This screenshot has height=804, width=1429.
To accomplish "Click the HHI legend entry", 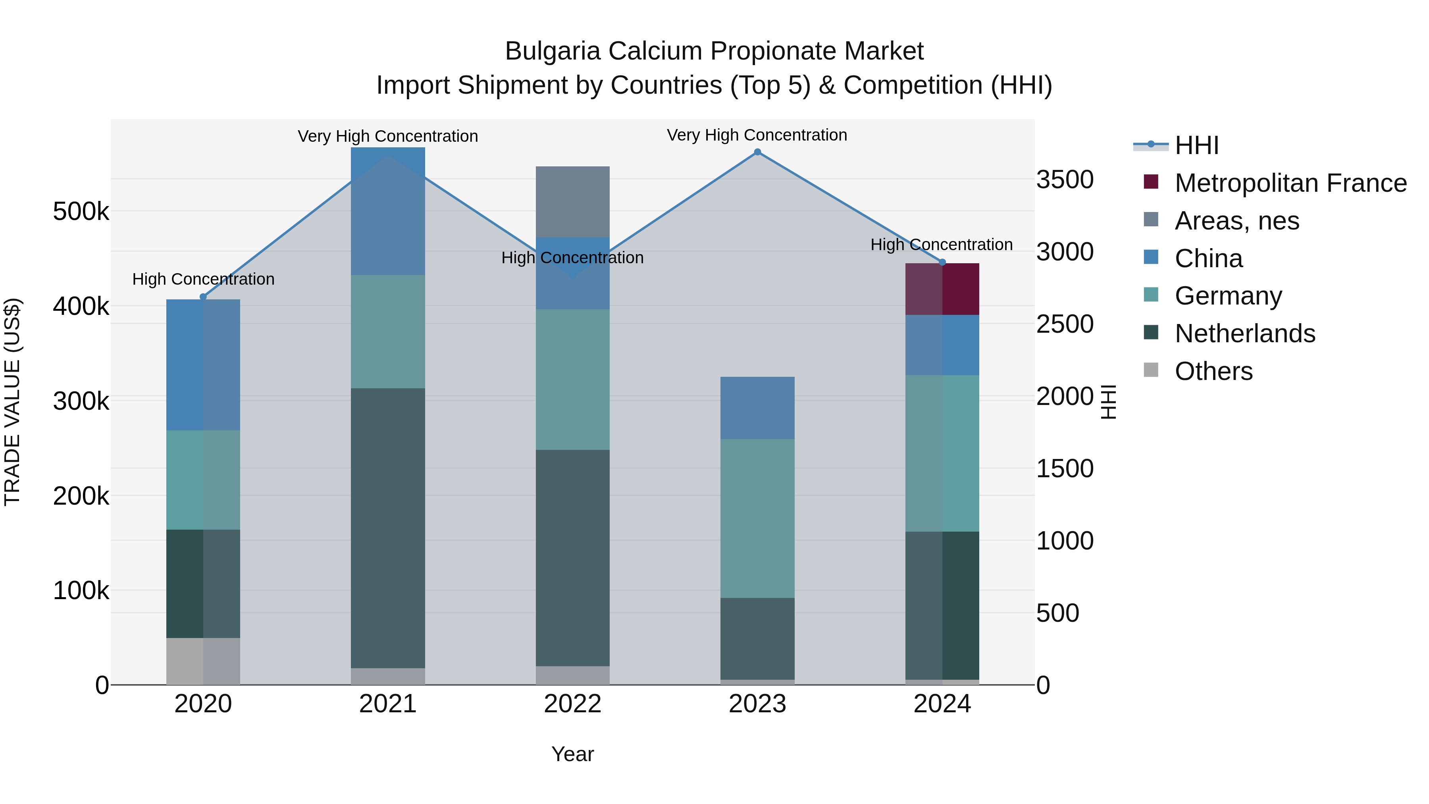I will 1196,145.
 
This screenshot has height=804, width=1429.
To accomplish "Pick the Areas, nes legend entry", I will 1236,221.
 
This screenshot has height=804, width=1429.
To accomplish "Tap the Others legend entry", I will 1213,371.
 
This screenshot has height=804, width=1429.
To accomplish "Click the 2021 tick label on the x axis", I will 388,704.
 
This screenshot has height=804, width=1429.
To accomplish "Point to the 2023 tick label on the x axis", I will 757,704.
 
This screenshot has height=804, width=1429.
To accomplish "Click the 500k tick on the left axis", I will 81,211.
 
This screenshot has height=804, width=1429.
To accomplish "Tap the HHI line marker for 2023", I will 757,152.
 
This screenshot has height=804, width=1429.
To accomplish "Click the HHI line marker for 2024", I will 942,262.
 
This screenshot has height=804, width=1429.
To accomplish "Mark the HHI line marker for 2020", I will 203,297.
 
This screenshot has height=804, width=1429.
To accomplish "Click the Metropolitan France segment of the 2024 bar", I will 942,289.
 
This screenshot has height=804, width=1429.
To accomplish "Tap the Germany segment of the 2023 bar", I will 757,518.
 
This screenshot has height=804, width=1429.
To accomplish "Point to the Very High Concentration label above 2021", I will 388,136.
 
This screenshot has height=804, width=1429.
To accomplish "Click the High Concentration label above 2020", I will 203,279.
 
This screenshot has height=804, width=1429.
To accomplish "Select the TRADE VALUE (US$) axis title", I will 12,402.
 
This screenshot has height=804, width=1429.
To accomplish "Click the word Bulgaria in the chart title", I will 553,51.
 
